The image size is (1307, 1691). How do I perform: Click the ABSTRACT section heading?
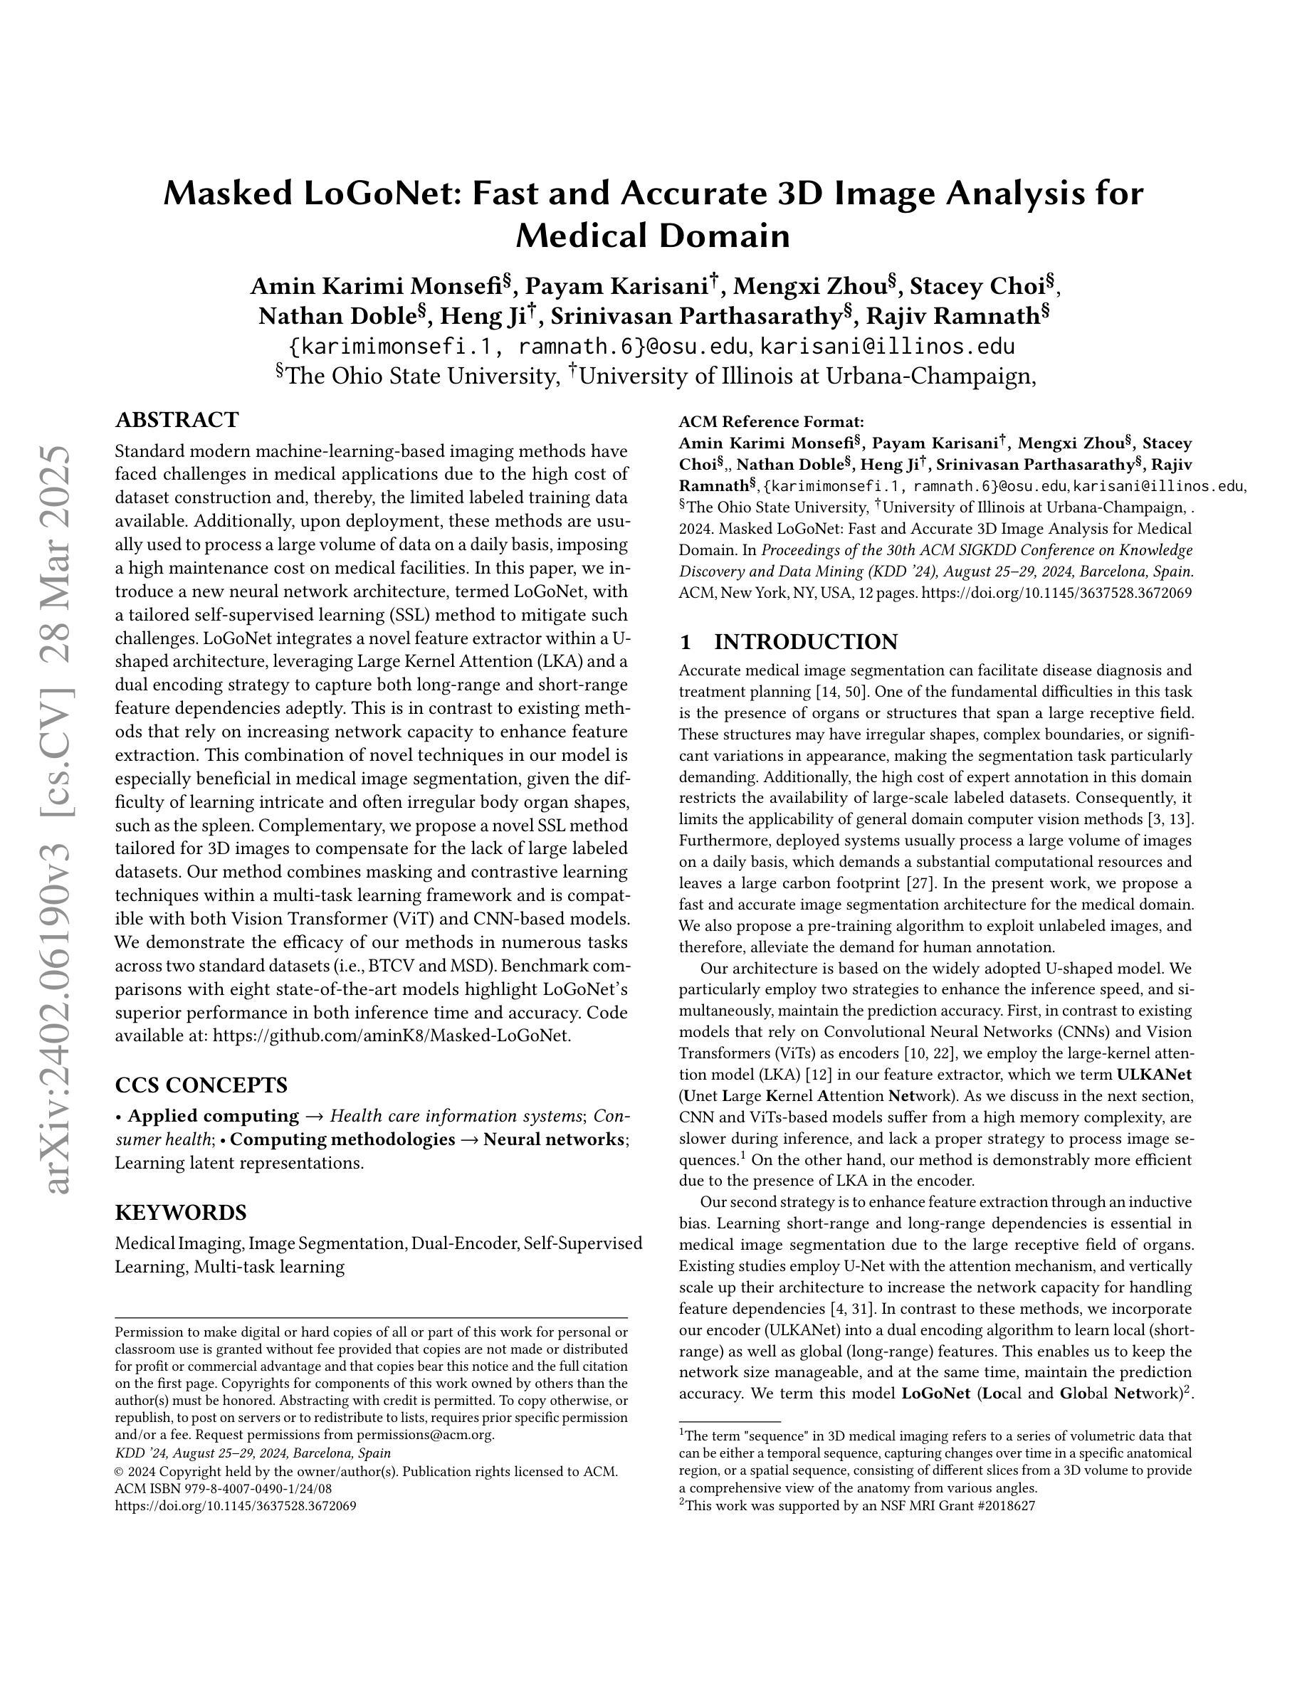[x=177, y=421]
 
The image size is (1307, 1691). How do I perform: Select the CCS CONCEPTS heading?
[x=201, y=1085]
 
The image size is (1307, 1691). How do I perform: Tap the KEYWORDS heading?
[x=180, y=1212]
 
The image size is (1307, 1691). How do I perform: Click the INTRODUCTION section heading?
[x=805, y=642]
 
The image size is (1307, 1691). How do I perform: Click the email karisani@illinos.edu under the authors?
[x=886, y=346]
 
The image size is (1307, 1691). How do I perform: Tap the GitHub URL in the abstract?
[x=391, y=1036]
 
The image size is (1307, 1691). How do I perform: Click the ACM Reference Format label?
[x=770, y=422]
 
